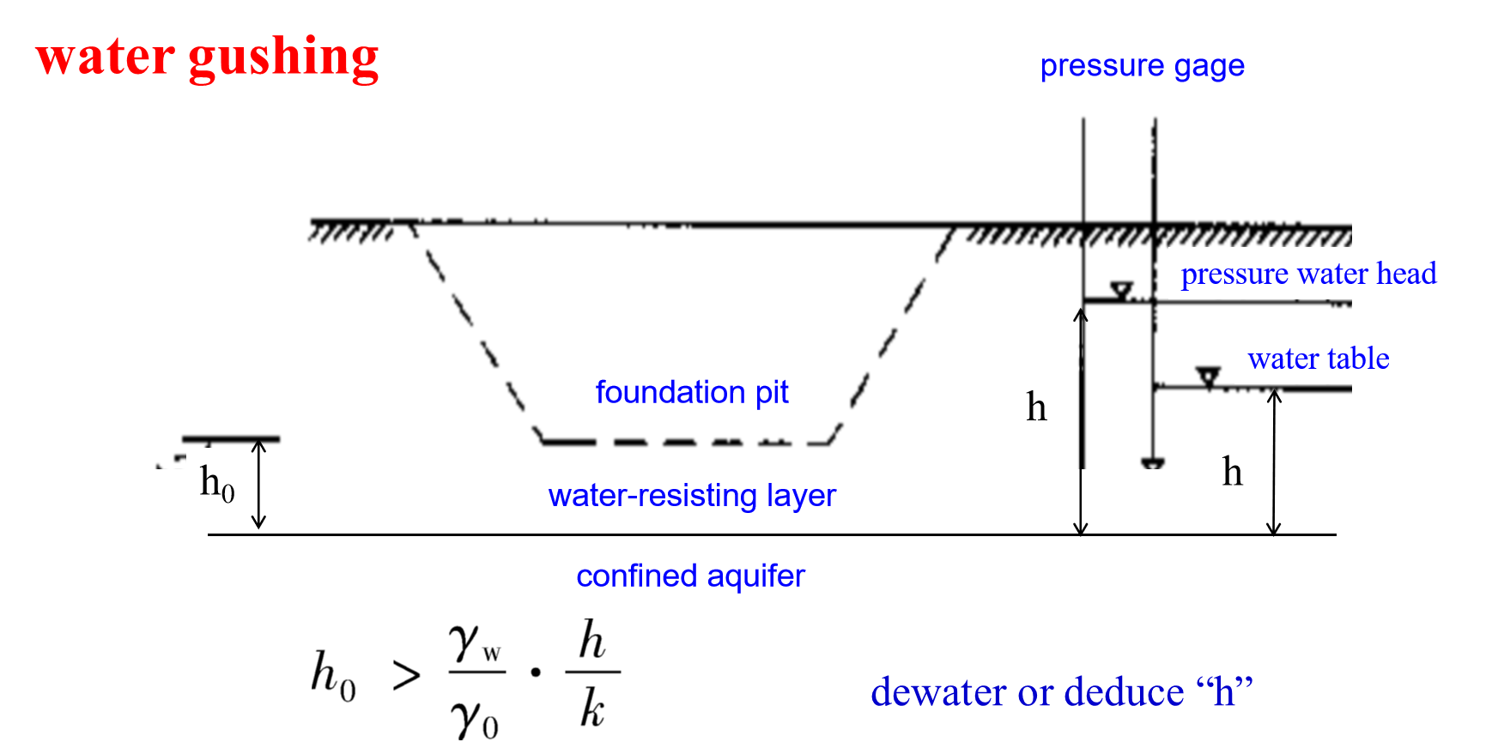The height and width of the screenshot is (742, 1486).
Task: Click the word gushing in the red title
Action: click(283, 58)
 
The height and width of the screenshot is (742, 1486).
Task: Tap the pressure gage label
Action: click(1142, 66)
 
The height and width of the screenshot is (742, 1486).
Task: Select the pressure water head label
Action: click(1308, 274)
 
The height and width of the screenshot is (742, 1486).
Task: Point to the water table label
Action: click(1319, 358)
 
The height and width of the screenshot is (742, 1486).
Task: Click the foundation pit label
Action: click(692, 392)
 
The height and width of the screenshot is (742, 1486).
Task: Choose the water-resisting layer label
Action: click(692, 495)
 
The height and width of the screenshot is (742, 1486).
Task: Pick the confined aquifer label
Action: click(690, 576)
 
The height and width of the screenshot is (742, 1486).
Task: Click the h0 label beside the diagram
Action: click(216, 484)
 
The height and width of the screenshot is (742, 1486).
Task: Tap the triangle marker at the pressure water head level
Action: click(1121, 290)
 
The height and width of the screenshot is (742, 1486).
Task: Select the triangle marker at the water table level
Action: click(1209, 377)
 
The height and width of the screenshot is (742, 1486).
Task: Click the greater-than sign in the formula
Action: click(406, 676)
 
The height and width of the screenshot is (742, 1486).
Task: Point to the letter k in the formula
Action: click(591, 709)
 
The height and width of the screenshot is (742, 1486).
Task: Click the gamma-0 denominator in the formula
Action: click(475, 717)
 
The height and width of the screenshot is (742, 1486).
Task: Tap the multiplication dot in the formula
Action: click(536, 673)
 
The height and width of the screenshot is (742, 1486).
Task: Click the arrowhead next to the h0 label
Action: click(258, 447)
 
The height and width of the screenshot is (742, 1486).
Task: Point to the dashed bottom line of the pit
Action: click(687, 443)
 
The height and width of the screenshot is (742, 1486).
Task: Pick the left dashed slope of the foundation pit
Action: click(476, 335)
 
